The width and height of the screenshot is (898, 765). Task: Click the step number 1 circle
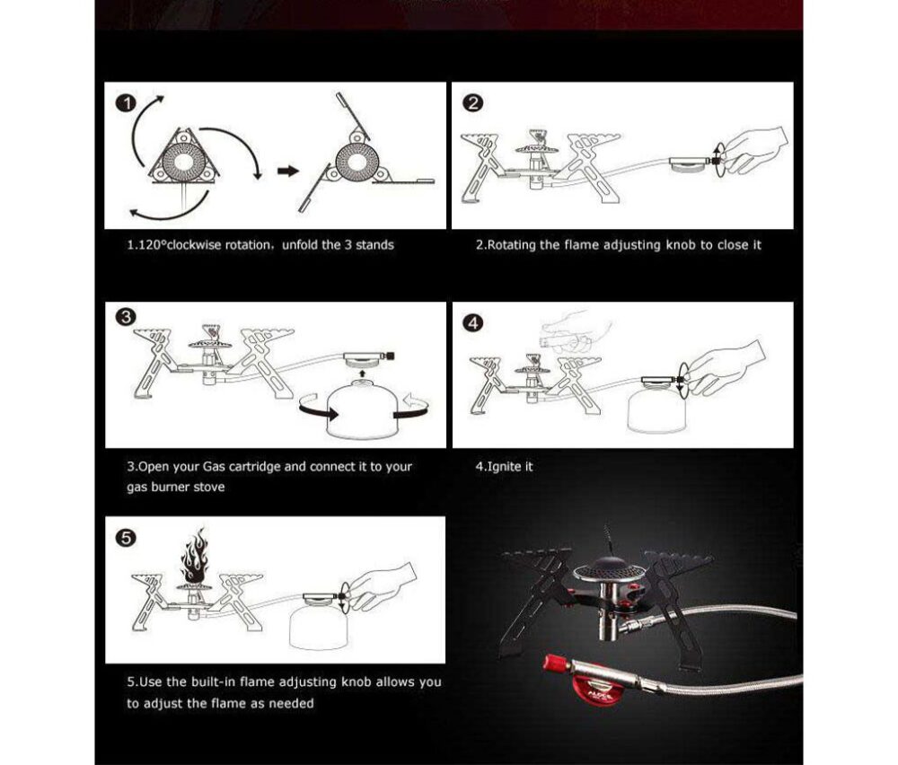[x=126, y=103]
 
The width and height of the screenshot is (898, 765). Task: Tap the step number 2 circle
[x=472, y=103]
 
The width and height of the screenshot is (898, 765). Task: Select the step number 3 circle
[x=126, y=318]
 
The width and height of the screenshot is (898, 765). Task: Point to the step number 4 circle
[x=472, y=323]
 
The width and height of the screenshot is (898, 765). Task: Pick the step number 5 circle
[x=126, y=538]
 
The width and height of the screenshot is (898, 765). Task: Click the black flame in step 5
[x=195, y=555]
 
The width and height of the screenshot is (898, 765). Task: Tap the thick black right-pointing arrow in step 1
[x=288, y=171]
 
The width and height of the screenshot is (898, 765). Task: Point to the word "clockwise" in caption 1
[x=194, y=245]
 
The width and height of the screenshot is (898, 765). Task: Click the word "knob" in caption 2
[x=681, y=245]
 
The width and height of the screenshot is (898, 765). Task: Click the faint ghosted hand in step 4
[x=573, y=333]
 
